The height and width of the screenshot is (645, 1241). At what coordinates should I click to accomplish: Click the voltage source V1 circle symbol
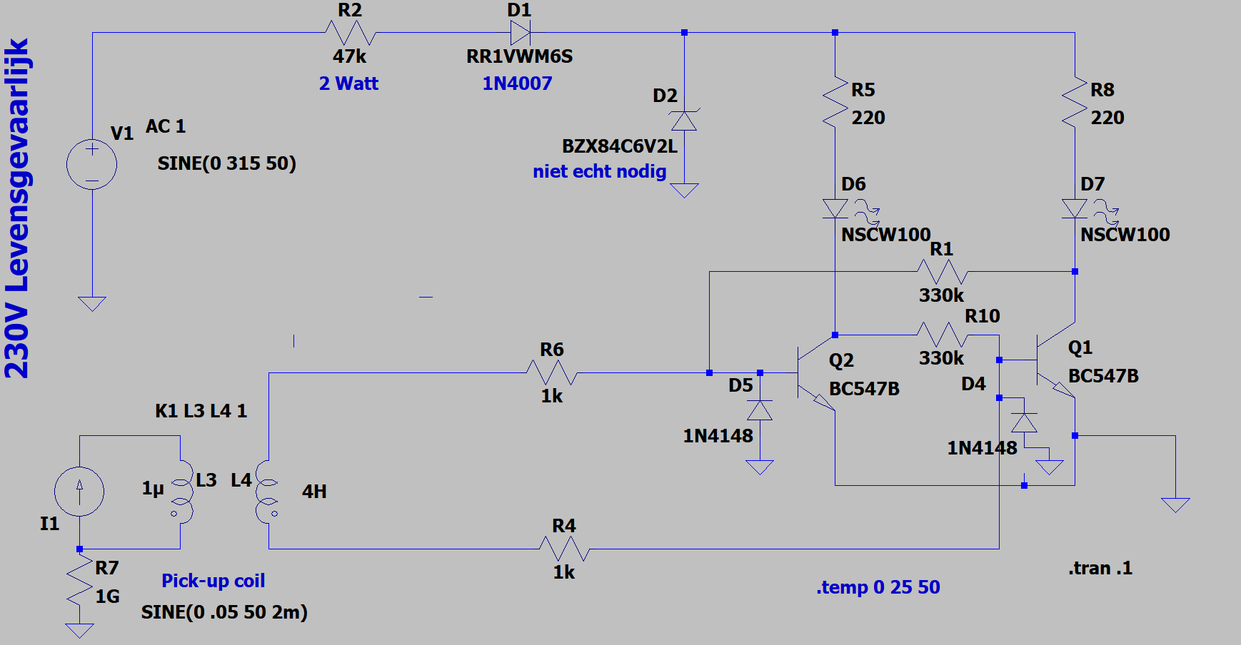coord(92,164)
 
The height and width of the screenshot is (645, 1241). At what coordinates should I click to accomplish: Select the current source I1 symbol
coord(79,491)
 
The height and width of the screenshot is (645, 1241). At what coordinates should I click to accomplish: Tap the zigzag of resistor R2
coord(350,33)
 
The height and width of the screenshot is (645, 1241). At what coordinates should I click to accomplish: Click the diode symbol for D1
coord(520,33)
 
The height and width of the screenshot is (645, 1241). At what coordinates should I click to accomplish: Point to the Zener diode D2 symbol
coord(684,120)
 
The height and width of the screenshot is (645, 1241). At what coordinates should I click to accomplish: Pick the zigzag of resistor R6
coord(552,372)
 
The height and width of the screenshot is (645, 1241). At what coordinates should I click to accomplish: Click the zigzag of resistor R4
coord(564,549)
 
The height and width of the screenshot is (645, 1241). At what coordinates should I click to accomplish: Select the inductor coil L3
coord(182,492)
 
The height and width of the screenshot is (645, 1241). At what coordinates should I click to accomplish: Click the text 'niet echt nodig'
coord(600,171)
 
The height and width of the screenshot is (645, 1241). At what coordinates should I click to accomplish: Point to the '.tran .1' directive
coord(1100,568)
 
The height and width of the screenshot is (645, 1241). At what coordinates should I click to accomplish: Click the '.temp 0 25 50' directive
coord(878,587)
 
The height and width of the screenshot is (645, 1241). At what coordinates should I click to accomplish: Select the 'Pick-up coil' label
coord(213,581)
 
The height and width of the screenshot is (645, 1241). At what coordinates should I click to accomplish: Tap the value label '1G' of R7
coord(108,596)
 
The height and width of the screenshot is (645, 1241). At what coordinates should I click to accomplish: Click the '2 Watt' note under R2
coord(348,83)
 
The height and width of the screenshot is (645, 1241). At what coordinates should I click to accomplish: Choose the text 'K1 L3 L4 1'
coord(201,411)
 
